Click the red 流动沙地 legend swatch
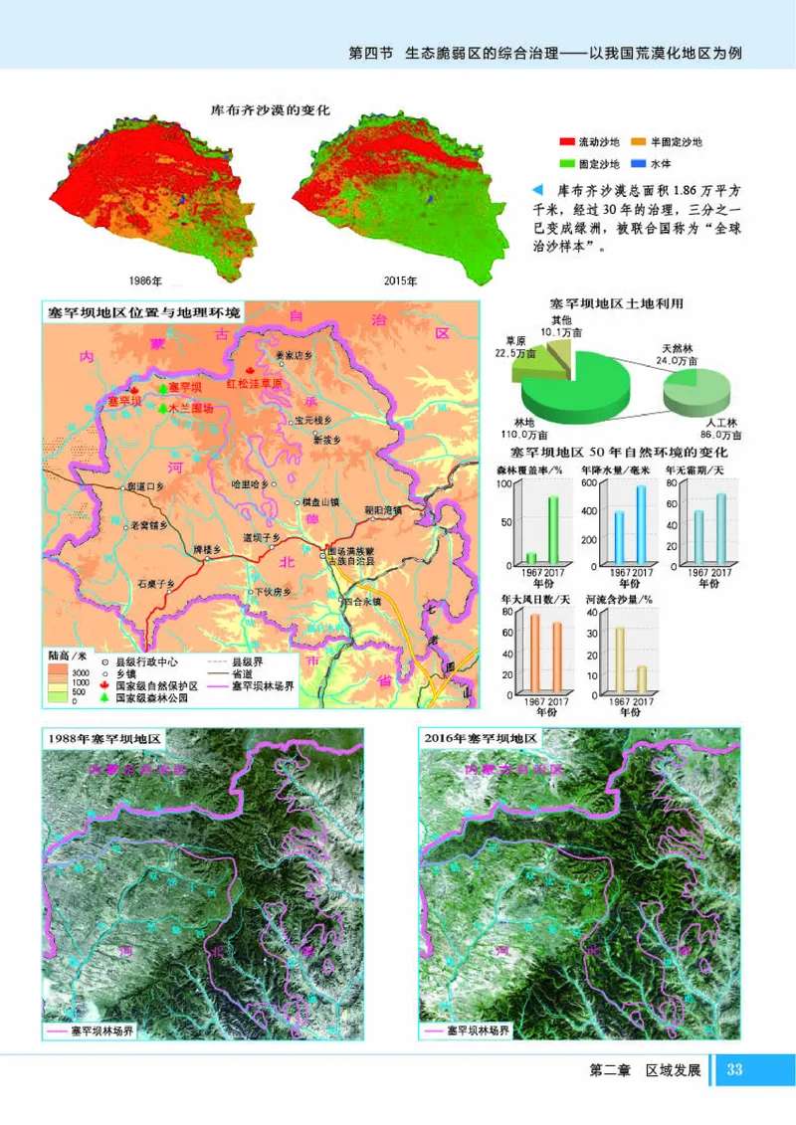coord(568,142)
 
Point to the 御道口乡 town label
coord(144,487)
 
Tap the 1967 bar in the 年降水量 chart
coord(618,537)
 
